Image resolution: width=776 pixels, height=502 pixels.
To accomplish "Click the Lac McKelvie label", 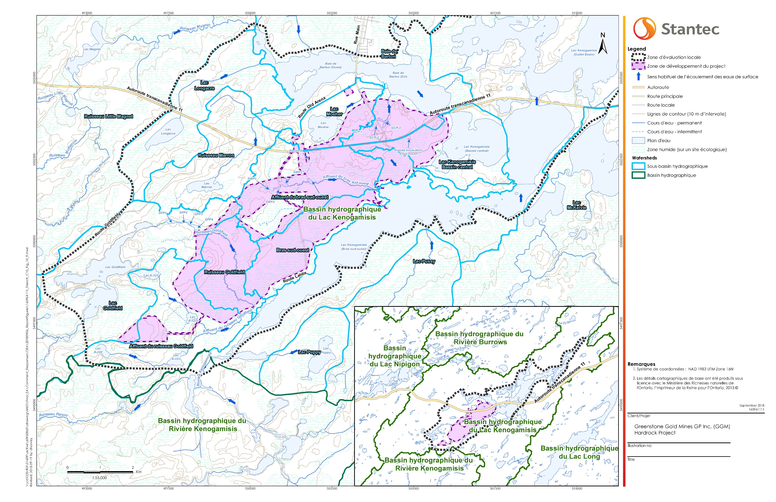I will [577, 205].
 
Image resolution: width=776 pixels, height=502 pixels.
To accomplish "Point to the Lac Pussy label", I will [424, 261].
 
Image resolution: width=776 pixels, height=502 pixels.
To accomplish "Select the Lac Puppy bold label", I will [309, 352].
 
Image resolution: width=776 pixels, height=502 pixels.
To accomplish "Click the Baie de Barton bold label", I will [389, 54].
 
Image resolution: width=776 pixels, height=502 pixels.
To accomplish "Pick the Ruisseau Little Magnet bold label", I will [108, 116].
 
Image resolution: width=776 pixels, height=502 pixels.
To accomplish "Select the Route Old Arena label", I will [312, 107].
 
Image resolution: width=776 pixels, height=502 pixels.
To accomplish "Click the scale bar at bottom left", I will [100, 472].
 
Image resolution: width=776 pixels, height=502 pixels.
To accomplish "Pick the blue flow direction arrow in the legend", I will [638, 77].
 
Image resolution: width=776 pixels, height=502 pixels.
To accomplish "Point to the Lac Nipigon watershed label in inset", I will [395, 356].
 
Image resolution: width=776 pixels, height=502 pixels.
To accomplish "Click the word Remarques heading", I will [641, 364].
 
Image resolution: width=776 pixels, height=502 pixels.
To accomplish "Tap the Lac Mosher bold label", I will [334, 111].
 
